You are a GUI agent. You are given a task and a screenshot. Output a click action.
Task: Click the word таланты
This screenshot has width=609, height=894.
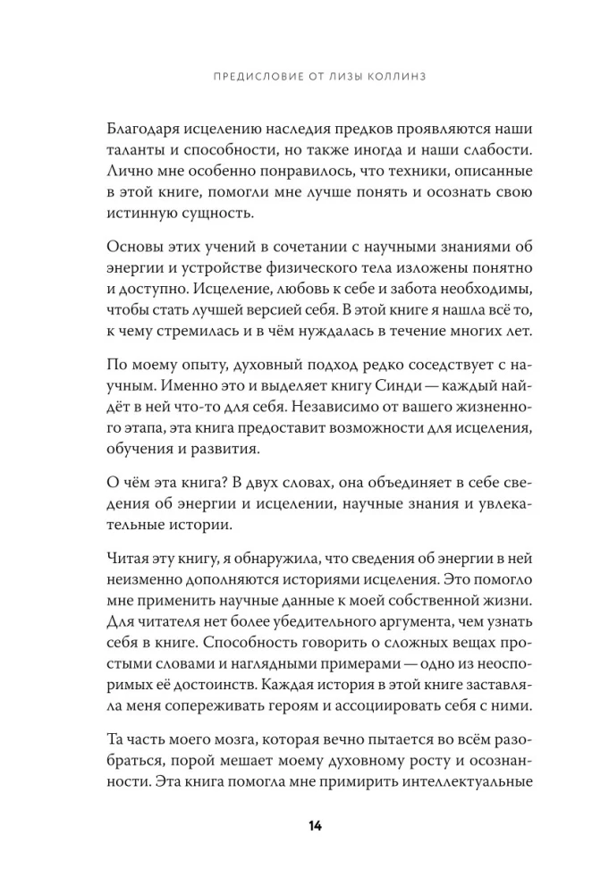tap(131, 149)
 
